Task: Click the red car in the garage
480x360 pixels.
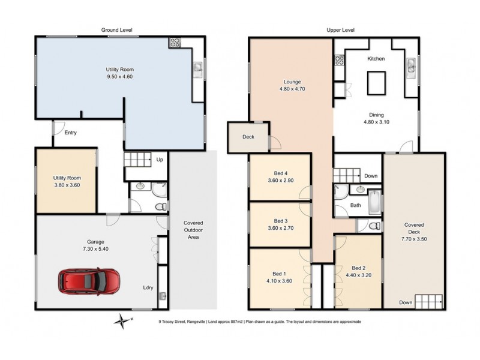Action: (x=89, y=280)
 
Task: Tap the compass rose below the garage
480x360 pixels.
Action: (x=123, y=320)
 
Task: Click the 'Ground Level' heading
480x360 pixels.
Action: (x=116, y=30)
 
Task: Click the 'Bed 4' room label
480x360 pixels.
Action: (x=280, y=173)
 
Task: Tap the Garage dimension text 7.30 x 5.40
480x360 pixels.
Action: (x=96, y=248)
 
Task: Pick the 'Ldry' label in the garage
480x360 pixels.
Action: (x=148, y=287)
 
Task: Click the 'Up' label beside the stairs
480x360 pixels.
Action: (x=160, y=160)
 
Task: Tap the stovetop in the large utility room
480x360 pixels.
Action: (x=176, y=43)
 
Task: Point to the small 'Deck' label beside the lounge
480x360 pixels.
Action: (x=248, y=137)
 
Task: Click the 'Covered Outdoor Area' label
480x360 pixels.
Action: (x=193, y=230)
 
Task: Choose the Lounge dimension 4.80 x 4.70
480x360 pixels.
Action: (x=292, y=89)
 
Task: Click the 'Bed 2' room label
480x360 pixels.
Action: (x=358, y=268)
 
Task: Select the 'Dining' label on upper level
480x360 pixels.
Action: (x=376, y=115)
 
